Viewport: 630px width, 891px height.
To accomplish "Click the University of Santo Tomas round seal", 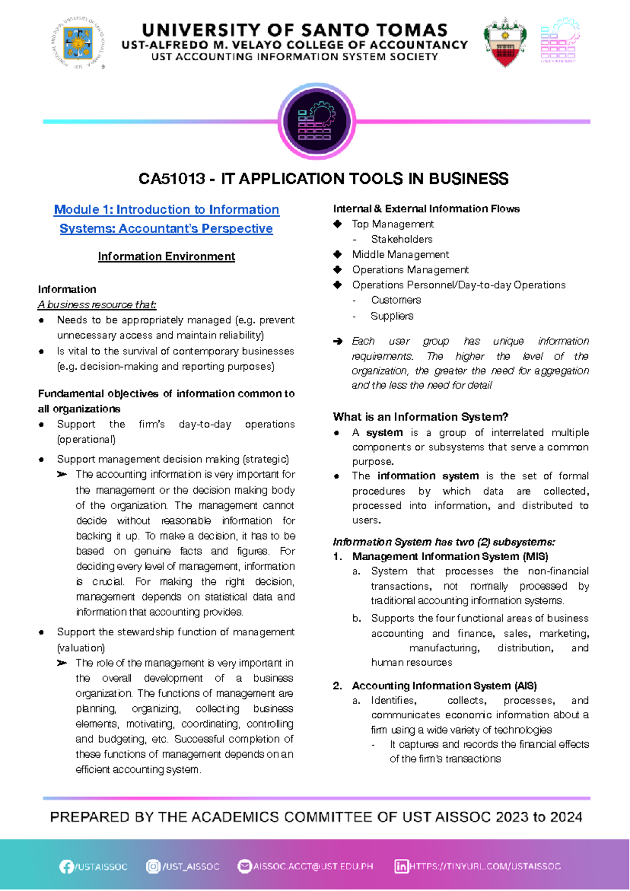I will click(78, 43).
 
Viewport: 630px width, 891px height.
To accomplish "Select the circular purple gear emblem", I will click(316, 121).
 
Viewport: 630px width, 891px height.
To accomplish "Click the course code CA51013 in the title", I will click(172, 179).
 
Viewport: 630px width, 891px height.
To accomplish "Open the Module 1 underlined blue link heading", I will click(166, 219).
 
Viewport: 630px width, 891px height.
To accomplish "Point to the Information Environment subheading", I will click(166, 256).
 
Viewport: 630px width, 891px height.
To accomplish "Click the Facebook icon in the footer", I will click(66, 867).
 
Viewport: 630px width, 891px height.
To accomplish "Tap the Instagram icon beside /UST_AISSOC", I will click(153, 866).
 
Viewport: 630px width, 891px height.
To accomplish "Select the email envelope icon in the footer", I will click(244, 866).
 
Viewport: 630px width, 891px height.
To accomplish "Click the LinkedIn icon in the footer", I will click(401, 866).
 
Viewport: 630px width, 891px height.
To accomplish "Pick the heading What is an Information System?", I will click(421, 417).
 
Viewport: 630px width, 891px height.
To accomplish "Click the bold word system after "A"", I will click(384, 433).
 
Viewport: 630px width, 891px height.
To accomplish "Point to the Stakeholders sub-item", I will click(402, 239).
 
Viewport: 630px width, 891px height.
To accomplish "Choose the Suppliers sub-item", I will click(392, 316).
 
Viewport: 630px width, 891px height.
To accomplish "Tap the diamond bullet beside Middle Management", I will click(338, 255).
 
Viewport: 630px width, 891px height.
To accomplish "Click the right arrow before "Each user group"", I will click(338, 341).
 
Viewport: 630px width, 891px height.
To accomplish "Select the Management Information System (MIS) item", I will click(450, 557).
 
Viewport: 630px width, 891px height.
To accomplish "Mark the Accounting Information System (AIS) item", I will click(444, 686).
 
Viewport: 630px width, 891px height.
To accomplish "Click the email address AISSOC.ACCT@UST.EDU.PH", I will click(313, 866).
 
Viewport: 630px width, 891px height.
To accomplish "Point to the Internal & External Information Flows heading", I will click(426, 209).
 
